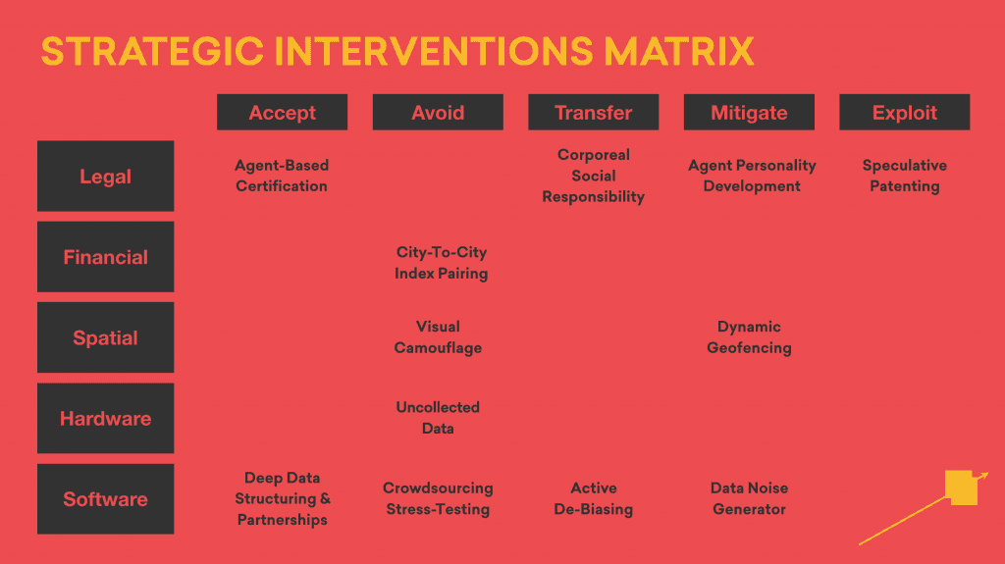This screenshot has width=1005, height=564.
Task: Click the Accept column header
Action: [282, 112]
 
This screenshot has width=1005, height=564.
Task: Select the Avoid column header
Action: [438, 112]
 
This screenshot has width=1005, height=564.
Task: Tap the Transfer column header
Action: [594, 112]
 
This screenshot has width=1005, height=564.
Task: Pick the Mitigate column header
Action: [749, 112]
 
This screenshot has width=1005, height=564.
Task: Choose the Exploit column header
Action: [904, 112]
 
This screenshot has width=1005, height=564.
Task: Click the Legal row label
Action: [105, 177]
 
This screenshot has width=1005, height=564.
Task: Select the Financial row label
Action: [105, 257]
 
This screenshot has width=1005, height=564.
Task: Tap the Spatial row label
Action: [105, 337]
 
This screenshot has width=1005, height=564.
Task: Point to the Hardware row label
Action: [105, 419]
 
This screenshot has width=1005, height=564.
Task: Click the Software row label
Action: [105, 499]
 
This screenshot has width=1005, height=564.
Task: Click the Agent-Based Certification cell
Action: [282, 176]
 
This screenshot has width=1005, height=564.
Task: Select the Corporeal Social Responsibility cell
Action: [594, 176]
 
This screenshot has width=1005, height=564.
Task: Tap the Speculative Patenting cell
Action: [904, 176]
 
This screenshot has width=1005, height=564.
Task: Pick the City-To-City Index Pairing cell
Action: [441, 263]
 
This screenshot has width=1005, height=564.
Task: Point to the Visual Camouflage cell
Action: [438, 337]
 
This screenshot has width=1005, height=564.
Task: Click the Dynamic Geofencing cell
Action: [749, 337]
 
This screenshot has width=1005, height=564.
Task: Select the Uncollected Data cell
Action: [438, 418]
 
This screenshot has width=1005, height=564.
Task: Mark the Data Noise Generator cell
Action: [749, 498]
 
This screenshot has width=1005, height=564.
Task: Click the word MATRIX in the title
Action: [679, 51]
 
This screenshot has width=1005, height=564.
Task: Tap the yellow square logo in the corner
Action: [961, 487]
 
